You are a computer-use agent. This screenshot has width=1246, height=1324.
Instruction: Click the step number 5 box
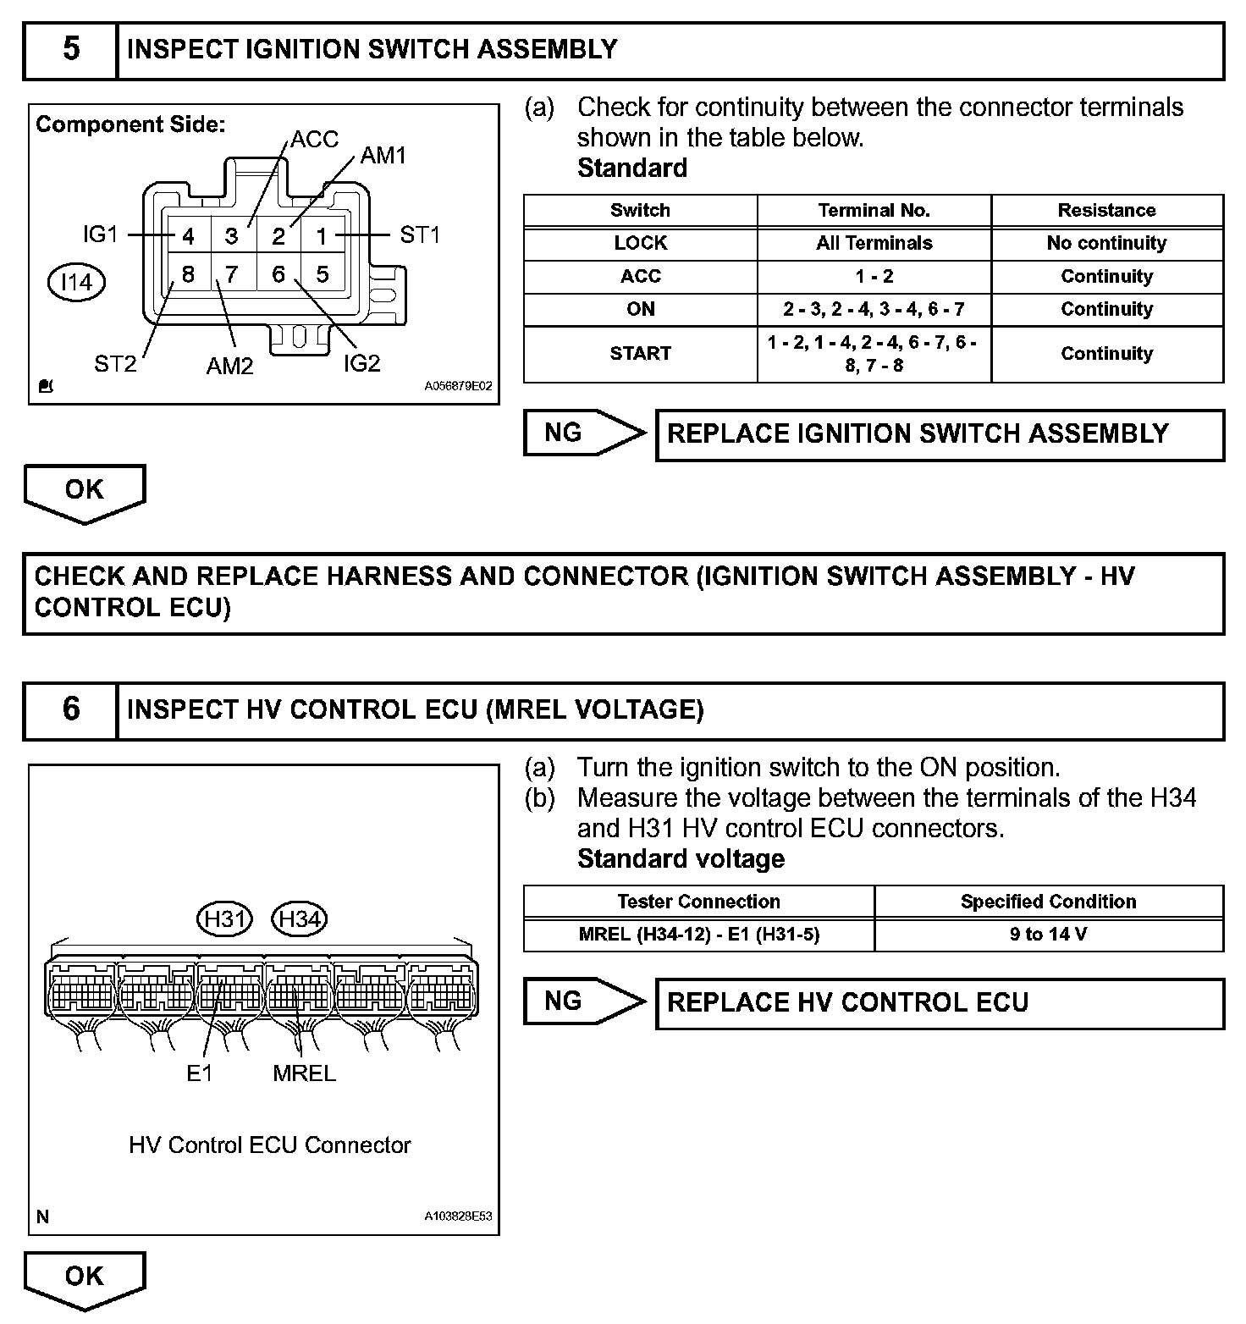point(71,51)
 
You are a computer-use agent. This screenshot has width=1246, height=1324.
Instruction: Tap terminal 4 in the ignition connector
point(188,236)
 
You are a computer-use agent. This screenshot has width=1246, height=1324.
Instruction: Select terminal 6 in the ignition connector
point(278,274)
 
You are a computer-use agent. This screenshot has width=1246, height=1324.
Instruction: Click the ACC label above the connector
point(314,140)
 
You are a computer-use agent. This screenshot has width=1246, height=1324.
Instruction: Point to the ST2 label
point(115,364)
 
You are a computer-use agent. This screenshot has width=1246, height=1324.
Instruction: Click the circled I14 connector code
point(76,282)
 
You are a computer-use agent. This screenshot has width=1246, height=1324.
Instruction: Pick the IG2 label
point(361,363)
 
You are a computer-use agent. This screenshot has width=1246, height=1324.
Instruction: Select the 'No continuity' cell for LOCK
point(1106,244)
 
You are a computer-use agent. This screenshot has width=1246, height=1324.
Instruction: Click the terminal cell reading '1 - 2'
point(874,277)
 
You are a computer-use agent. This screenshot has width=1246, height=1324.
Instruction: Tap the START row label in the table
point(640,354)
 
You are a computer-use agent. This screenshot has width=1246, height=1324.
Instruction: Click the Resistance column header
point(1106,211)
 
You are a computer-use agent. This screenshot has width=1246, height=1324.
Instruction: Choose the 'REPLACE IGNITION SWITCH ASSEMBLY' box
point(940,435)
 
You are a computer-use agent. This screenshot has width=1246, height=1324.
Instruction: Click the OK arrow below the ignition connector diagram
point(85,491)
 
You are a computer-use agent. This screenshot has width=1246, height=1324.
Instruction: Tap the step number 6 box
point(71,710)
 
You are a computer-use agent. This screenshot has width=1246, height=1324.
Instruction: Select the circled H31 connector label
point(225,919)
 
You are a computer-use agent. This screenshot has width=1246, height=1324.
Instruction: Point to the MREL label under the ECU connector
point(304,1073)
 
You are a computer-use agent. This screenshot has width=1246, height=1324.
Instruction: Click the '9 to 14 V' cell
point(1048,935)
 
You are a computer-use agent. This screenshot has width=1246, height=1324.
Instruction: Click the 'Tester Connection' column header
point(698,902)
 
